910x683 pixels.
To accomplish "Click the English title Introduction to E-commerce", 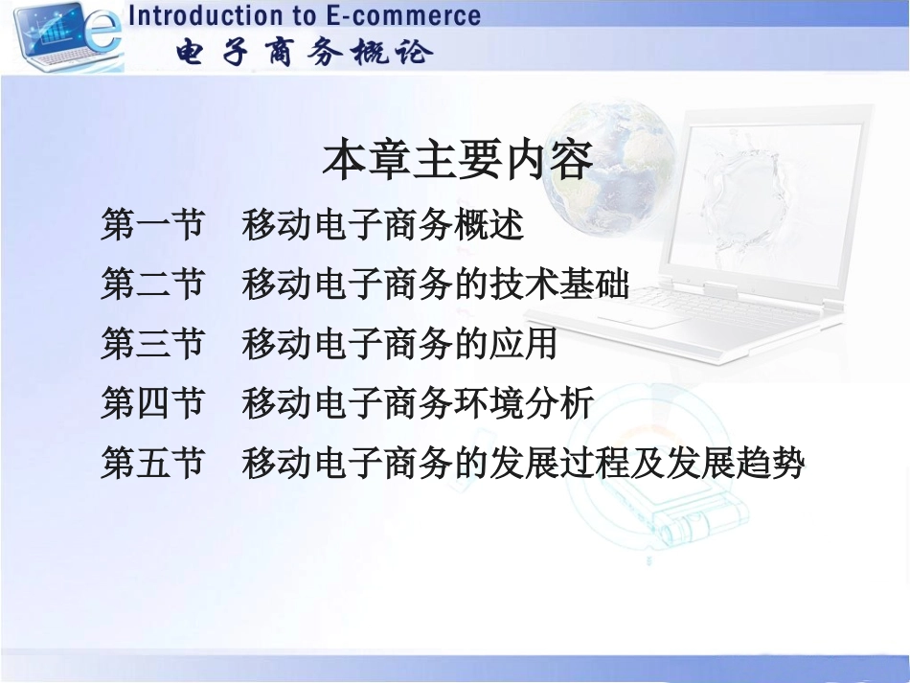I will [305, 16].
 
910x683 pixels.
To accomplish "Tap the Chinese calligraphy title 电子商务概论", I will [305, 53].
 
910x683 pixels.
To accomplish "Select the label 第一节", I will [152, 226].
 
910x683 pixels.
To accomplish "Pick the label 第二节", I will [152, 285].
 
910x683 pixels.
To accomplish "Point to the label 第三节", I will [152, 344].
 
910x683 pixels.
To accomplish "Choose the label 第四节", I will [152, 403].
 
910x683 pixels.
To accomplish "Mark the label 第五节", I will [152, 464].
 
